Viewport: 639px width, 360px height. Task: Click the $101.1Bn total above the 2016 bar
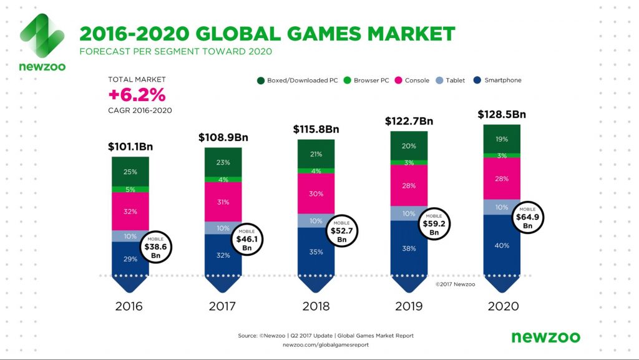tap(130, 147)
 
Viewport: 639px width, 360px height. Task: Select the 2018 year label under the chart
tap(316, 306)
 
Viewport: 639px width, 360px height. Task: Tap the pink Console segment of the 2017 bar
tap(223, 202)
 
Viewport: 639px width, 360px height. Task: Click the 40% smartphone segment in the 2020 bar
tap(502, 245)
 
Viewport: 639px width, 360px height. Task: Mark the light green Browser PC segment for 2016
tap(130, 189)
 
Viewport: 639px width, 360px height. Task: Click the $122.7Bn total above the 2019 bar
tap(409, 121)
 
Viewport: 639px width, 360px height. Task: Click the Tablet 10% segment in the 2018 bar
tap(316, 220)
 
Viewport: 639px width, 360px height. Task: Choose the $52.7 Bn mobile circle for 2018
tap(341, 231)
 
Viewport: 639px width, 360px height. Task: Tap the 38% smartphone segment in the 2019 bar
tap(409, 248)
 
